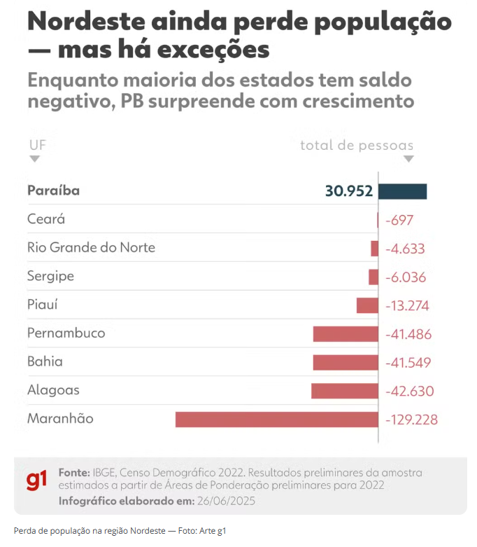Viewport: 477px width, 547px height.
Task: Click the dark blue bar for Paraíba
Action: point(403,191)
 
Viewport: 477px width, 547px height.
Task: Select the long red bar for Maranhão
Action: point(276,420)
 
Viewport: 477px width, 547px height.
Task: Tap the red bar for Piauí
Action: point(367,305)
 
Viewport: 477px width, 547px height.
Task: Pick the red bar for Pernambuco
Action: point(346,334)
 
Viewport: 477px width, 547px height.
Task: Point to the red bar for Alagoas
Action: point(345,391)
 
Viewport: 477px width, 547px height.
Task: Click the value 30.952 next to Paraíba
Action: point(348,191)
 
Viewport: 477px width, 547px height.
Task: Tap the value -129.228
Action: point(411,420)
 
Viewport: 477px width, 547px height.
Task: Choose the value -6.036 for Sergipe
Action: point(405,277)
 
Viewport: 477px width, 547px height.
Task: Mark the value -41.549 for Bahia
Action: point(408,363)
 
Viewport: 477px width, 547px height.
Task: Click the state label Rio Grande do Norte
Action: point(91,247)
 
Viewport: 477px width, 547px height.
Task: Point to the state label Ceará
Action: point(46,219)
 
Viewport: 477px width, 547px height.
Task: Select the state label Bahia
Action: point(45,362)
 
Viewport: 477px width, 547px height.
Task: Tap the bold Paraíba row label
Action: point(53,191)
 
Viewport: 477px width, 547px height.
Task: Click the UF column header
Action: point(36,145)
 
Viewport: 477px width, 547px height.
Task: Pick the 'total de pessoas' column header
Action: point(357,146)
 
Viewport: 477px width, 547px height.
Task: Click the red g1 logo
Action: point(36,481)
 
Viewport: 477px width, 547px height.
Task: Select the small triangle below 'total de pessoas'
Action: point(408,159)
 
